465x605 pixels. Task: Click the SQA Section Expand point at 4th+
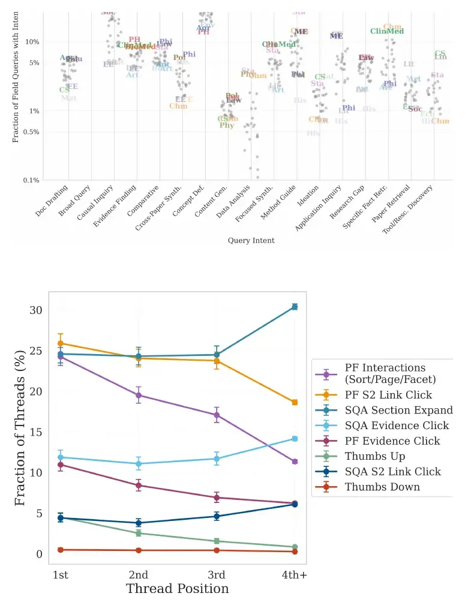click(x=295, y=307)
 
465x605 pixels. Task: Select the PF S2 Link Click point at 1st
click(x=60, y=344)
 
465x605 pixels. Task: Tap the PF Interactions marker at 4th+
click(x=295, y=462)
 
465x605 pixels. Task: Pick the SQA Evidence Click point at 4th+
click(x=295, y=439)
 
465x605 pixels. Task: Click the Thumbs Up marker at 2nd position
click(x=139, y=533)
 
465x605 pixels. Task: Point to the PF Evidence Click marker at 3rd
click(x=217, y=498)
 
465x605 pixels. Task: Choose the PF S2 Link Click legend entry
click(x=388, y=395)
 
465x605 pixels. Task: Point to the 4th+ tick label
click(x=295, y=575)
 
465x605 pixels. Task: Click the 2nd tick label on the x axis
click(x=139, y=575)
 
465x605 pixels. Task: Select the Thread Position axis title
click(x=178, y=589)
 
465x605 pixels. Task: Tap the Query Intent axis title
click(x=251, y=241)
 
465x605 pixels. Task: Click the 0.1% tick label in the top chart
click(x=31, y=180)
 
